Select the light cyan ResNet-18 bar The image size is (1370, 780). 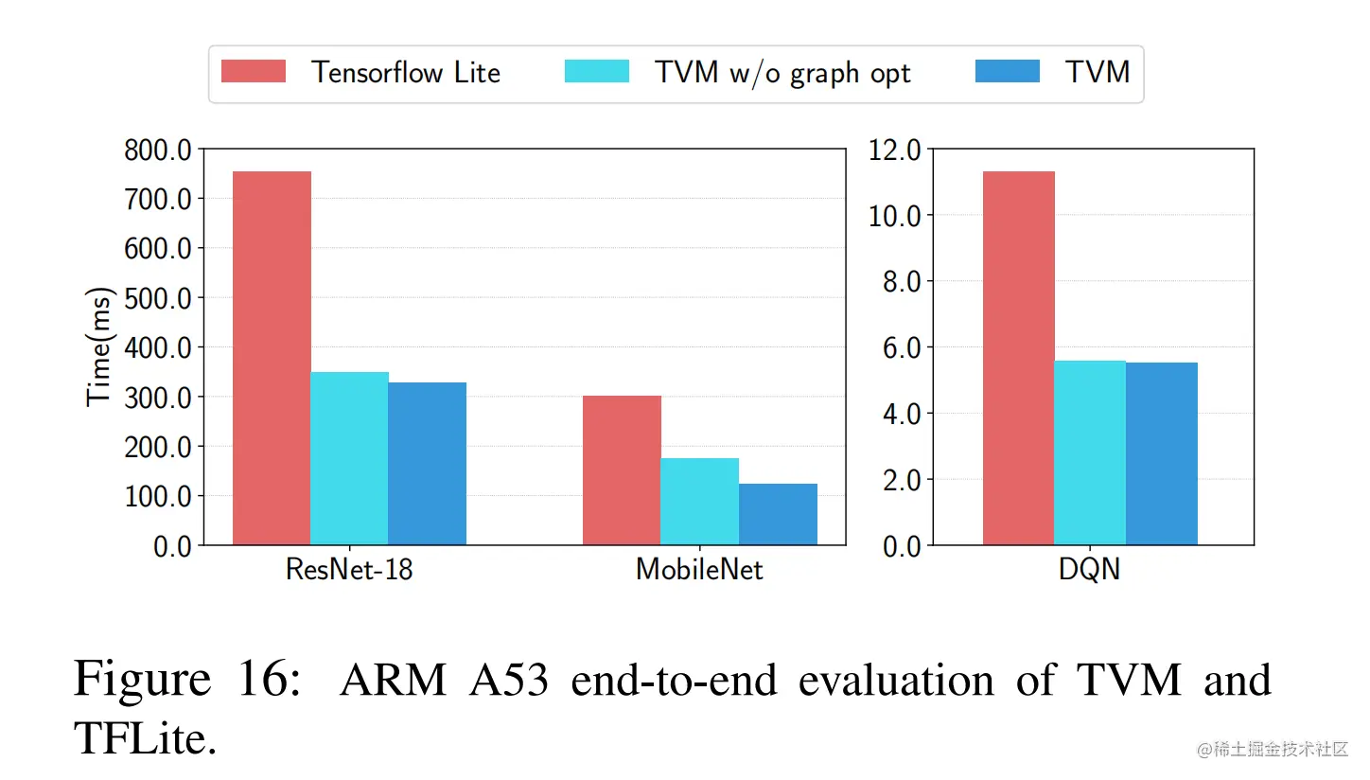click(349, 458)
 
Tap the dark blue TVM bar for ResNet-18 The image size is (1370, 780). click(427, 463)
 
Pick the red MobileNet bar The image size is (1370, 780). click(622, 470)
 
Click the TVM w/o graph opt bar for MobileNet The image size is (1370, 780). click(699, 502)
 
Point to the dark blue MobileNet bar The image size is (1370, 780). click(778, 514)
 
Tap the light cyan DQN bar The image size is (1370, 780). click(1090, 452)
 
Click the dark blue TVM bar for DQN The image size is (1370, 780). click(1162, 453)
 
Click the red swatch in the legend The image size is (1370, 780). click(254, 72)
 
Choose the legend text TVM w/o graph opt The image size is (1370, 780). click(782, 73)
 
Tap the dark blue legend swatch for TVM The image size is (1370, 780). click(1008, 72)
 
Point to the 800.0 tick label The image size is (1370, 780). click(157, 150)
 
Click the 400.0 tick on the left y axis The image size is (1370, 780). click(157, 347)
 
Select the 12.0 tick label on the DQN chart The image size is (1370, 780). click(893, 150)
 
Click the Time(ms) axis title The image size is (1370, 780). click(99, 346)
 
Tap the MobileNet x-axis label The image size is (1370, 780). click(699, 570)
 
